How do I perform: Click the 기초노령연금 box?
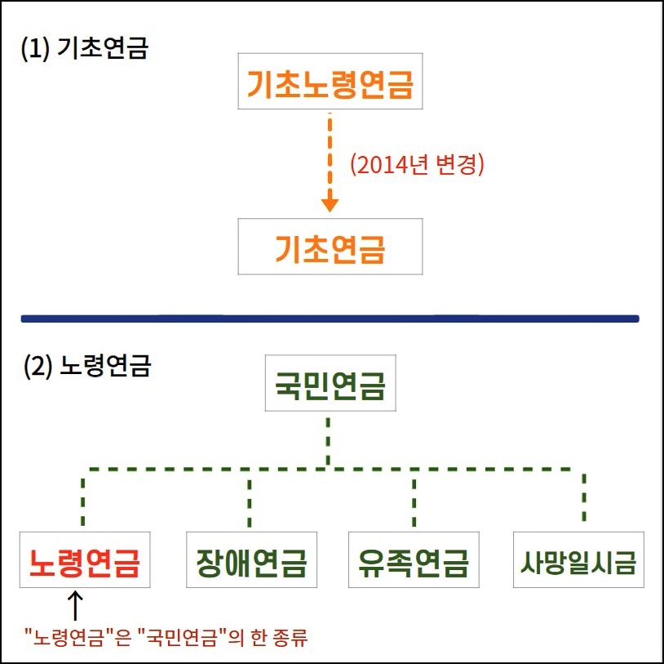330,82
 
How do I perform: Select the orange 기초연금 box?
330,247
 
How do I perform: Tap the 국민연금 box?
330,383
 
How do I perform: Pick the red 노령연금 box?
85,560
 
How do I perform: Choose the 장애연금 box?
250,560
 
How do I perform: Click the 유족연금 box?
413,560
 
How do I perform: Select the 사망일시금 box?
578,560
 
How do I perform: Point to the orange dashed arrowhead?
330,203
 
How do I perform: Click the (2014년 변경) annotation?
417,165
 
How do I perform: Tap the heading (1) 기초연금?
84,49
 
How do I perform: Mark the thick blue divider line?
330,318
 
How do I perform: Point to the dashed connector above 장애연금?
250,497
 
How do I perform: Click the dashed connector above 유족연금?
414,497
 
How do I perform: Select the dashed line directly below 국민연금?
328,441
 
